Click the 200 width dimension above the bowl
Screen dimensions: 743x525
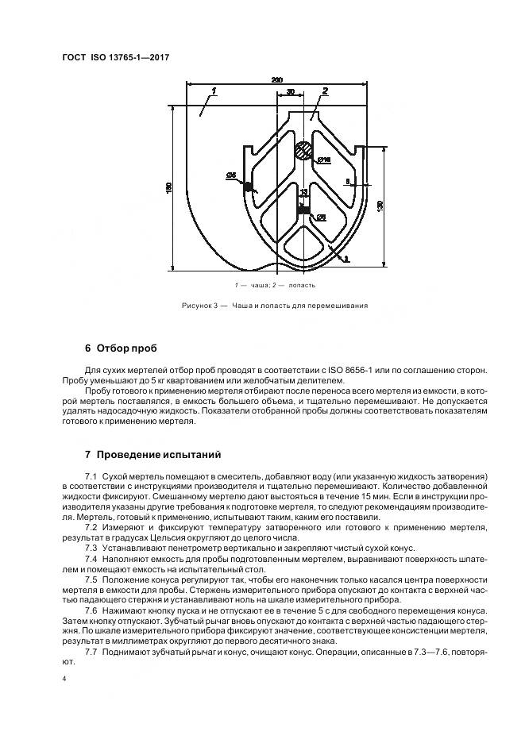click(276, 80)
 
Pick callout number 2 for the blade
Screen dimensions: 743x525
click(325, 93)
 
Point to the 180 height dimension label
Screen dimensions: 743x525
click(168, 187)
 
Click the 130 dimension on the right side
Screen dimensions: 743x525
click(380, 206)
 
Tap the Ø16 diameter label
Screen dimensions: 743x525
click(323, 161)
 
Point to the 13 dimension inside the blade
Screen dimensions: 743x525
click(303, 192)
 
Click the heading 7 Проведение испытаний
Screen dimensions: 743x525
click(147, 455)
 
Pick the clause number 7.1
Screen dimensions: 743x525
click(91, 475)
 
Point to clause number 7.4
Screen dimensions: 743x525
click(91, 559)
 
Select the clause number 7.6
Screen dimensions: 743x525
click(91, 611)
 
